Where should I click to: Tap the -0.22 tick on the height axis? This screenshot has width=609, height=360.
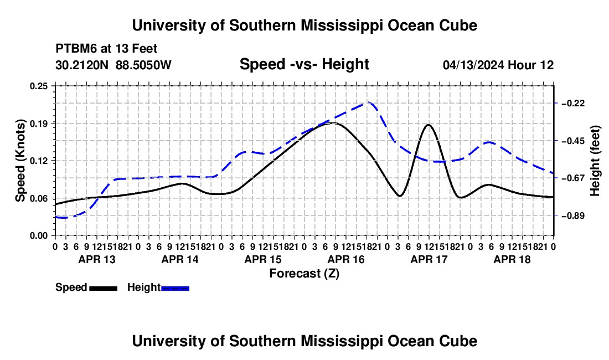(573, 104)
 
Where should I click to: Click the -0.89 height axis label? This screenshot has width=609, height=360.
(573, 215)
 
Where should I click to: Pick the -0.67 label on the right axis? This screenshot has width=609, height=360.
(573, 178)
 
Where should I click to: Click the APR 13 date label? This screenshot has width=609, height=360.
(97, 259)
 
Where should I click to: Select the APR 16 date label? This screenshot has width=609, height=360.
(346, 259)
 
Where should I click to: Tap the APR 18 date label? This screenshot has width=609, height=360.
(512, 259)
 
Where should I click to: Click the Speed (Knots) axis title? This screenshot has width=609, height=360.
(20, 161)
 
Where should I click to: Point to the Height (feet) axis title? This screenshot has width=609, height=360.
(595, 161)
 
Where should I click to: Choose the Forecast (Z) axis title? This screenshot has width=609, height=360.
(304, 274)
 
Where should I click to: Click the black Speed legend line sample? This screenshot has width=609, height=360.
(104, 288)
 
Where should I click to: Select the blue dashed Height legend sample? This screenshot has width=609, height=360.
(175, 288)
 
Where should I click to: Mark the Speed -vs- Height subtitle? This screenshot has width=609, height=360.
(304, 64)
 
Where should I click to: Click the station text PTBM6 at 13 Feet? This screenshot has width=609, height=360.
(106, 49)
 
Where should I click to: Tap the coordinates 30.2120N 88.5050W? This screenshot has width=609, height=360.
(113, 65)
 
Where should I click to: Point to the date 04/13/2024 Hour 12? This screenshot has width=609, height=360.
(498, 65)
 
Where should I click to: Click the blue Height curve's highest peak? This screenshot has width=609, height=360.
(368, 102)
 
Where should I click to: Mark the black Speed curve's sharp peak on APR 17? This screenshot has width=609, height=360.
(429, 125)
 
